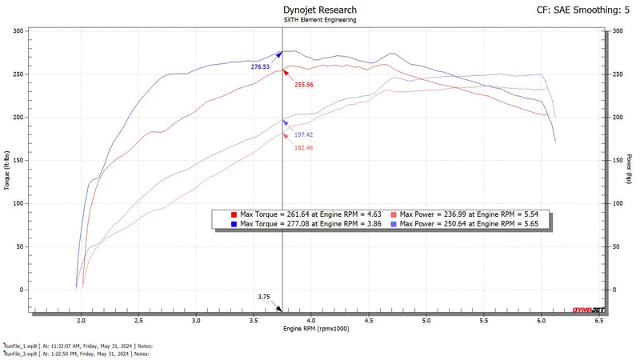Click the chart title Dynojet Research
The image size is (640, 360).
(320, 10)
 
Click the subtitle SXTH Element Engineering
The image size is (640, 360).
(320, 20)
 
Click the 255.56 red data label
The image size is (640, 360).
(304, 84)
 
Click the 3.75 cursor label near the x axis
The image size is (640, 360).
(264, 297)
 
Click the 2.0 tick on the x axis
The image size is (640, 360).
(82, 319)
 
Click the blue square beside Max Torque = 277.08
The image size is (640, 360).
(233, 225)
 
